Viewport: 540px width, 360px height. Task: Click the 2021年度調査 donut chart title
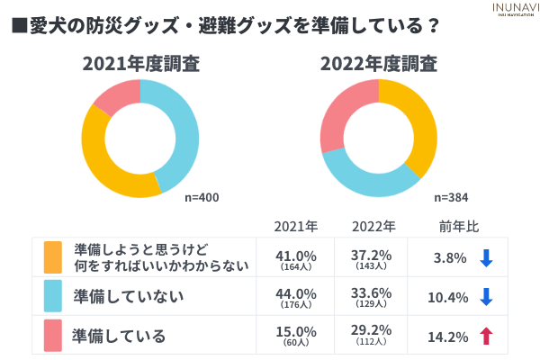coord(141,64)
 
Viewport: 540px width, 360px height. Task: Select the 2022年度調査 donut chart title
coord(379,64)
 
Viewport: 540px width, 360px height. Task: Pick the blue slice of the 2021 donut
coord(184,135)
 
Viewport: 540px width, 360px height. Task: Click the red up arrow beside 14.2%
coord(487,336)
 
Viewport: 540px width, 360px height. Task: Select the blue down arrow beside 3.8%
coord(487,258)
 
